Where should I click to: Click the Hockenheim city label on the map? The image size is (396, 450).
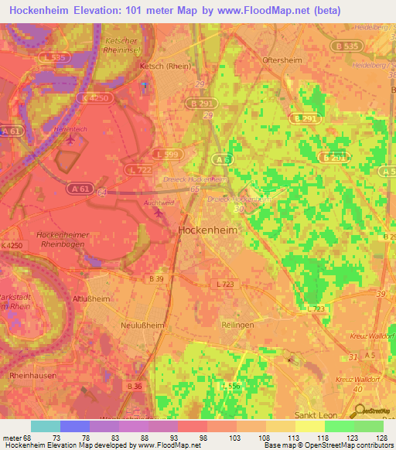pos(207,230)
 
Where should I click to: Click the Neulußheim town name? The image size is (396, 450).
pos(143,326)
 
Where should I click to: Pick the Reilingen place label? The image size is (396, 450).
pos(237,326)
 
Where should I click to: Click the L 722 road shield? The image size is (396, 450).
pos(138,169)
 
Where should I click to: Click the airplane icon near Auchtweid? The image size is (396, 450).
pos(159,213)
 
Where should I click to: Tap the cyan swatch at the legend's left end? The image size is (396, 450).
pos(45,426)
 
